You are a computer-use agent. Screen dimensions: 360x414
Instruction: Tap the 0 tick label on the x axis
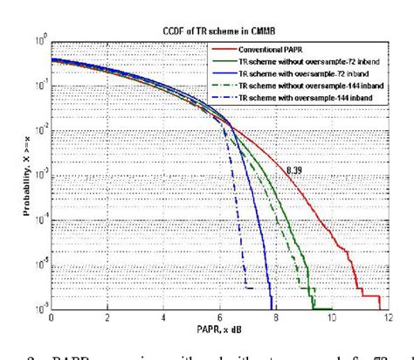pos(52,318)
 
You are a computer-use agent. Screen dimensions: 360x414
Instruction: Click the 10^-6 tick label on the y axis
pos(38,308)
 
